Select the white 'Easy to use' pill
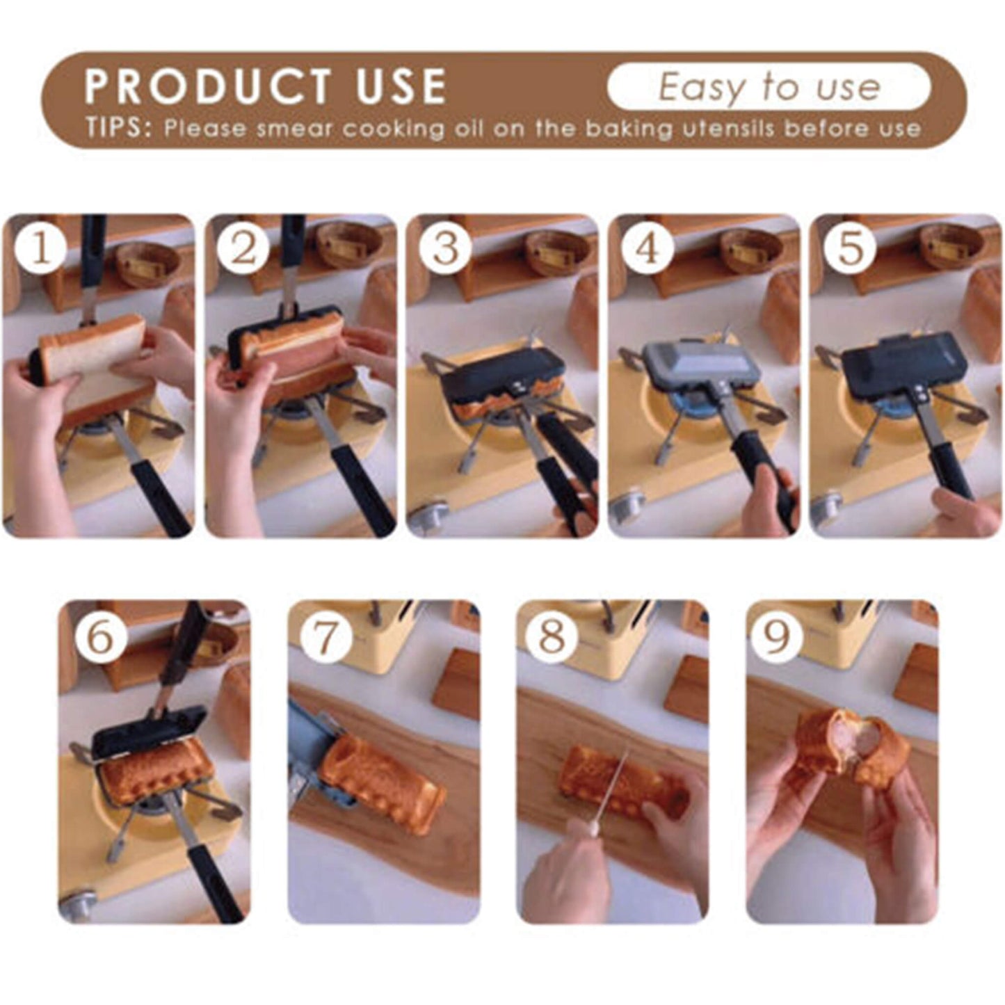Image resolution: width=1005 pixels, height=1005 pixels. [x=769, y=87]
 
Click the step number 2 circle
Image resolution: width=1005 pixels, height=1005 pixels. [x=243, y=248]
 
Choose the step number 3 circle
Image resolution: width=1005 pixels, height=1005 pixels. [x=445, y=248]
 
